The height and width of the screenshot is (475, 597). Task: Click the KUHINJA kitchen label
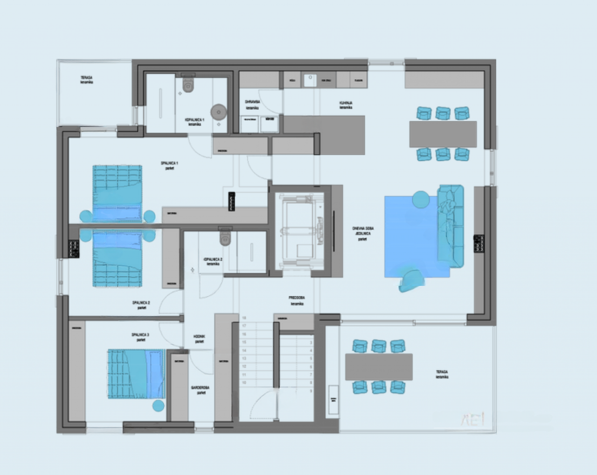pyautogui.click(x=346, y=105)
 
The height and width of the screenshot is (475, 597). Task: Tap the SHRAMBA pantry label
pyautogui.click(x=252, y=104)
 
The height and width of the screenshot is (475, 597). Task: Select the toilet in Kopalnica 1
pyautogui.click(x=188, y=85)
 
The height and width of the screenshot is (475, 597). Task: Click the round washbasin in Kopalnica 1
pyautogui.click(x=218, y=112)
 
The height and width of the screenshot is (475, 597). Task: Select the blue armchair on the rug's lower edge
pyautogui.click(x=412, y=280)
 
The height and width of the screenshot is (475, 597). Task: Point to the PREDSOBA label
pyautogui.click(x=297, y=300)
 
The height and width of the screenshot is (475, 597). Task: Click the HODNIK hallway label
pyautogui.click(x=200, y=339)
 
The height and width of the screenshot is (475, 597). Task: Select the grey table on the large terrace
pyautogui.click(x=379, y=367)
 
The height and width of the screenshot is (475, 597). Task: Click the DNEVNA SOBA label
pyautogui.click(x=362, y=234)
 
